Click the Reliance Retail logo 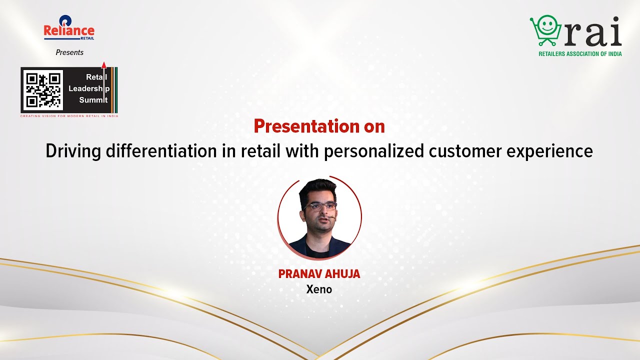tap(69, 28)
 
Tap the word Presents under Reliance tap(69, 52)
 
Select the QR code tap(43, 90)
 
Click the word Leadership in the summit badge tap(88, 88)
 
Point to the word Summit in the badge tap(93, 100)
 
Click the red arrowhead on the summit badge tap(104, 64)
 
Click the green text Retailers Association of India tap(580, 53)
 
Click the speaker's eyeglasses tap(319, 206)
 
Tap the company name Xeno tap(319, 289)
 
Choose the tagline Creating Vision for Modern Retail tap(69, 116)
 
